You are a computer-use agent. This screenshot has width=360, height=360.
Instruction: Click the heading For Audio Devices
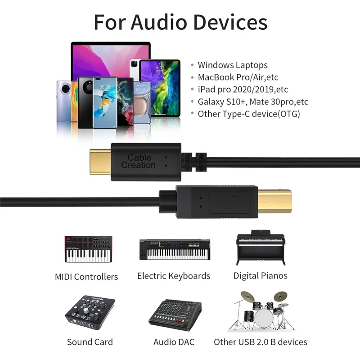pyautogui.click(x=181, y=22)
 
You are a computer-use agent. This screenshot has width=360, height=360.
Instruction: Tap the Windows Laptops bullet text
pyautogui.click(x=233, y=65)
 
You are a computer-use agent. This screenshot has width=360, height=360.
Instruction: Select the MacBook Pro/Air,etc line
pyautogui.click(x=238, y=77)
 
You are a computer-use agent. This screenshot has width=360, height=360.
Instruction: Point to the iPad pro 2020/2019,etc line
pyautogui.click(x=243, y=90)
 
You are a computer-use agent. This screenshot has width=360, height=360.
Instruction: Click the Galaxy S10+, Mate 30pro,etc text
pyautogui.click(x=253, y=102)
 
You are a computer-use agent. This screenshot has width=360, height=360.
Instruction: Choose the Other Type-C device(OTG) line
pyautogui.click(x=249, y=114)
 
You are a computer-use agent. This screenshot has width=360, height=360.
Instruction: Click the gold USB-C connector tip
pyautogui.click(x=100, y=162)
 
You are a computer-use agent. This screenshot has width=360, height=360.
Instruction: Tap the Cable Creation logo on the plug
pyautogui.click(x=139, y=161)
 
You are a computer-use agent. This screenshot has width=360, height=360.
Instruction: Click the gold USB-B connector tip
pyautogui.click(x=274, y=201)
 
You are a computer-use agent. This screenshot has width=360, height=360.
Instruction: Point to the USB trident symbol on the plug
pyautogui.click(x=229, y=202)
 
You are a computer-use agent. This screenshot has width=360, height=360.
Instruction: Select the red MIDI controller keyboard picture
pyautogui.click(x=88, y=249)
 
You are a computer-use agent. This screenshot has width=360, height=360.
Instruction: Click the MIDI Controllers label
pyautogui.click(x=86, y=277)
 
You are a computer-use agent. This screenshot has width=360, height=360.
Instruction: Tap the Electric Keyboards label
pyautogui.click(x=174, y=276)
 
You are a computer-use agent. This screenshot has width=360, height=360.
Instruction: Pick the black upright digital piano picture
pyautogui.click(x=261, y=247)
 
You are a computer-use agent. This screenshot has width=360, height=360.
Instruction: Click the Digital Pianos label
pyautogui.click(x=261, y=276)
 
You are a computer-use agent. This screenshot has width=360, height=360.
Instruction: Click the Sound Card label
pyautogui.click(x=90, y=342)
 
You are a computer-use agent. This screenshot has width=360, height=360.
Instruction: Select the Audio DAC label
pyautogui.click(x=174, y=342)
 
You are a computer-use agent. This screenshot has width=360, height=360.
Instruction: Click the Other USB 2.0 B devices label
pyautogui.click(x=261, y=342)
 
